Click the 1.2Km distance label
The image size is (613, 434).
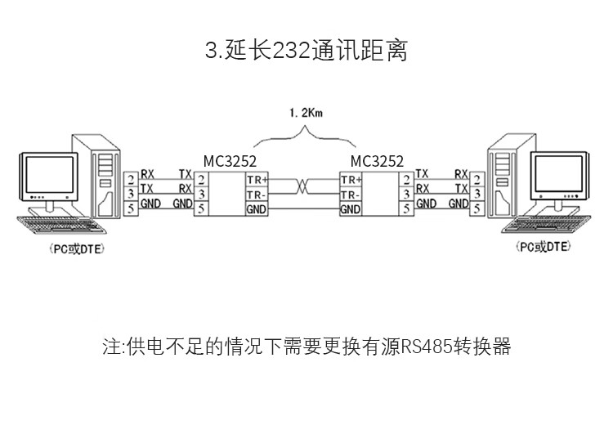coord(306,114)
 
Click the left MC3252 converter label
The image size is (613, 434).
coord(230,161)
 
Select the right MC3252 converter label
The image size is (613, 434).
coord(377,161)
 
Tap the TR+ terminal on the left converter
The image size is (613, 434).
coord(257,180)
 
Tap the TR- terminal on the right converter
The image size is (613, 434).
coord(350,195)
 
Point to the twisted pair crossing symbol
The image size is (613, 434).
coord(302,186)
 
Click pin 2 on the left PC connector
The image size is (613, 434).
coord(131,180)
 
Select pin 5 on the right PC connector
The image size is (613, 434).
coord(477,208)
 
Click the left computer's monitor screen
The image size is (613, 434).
coord(49,174)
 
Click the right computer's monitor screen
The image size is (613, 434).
coord(559,172)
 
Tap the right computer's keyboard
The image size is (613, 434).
coord(546,224)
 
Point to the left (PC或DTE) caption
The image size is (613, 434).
coord(77,248)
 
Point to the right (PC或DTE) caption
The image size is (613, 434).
coord(543,247)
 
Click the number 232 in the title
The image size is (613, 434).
coord(291,51)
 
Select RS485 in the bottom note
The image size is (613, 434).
coord(427,347)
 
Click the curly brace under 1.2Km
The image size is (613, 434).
coord(305,136)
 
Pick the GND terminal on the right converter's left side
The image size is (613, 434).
coord(350,209)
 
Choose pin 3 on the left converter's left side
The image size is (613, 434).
coord(201,194)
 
